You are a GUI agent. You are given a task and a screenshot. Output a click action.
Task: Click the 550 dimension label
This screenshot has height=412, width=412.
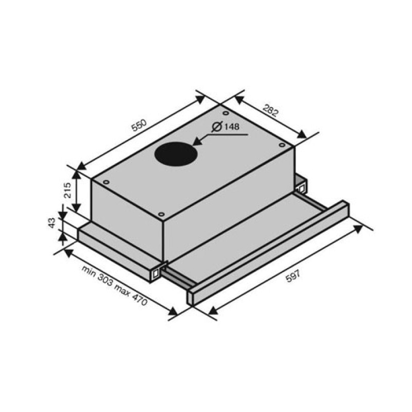[139, 125]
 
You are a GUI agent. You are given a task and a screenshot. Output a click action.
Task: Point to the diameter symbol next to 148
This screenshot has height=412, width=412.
[217, 127]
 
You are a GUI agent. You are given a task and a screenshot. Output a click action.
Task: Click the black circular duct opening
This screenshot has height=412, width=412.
[176, 153]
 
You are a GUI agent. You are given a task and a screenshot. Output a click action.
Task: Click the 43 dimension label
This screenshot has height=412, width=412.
[53, 223]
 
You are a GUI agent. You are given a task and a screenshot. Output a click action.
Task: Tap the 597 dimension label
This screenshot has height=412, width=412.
[293, 277]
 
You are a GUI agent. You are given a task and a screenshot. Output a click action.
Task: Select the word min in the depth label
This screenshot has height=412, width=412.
[89, 271]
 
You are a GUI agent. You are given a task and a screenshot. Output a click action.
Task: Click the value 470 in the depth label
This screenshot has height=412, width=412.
[139, 299]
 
